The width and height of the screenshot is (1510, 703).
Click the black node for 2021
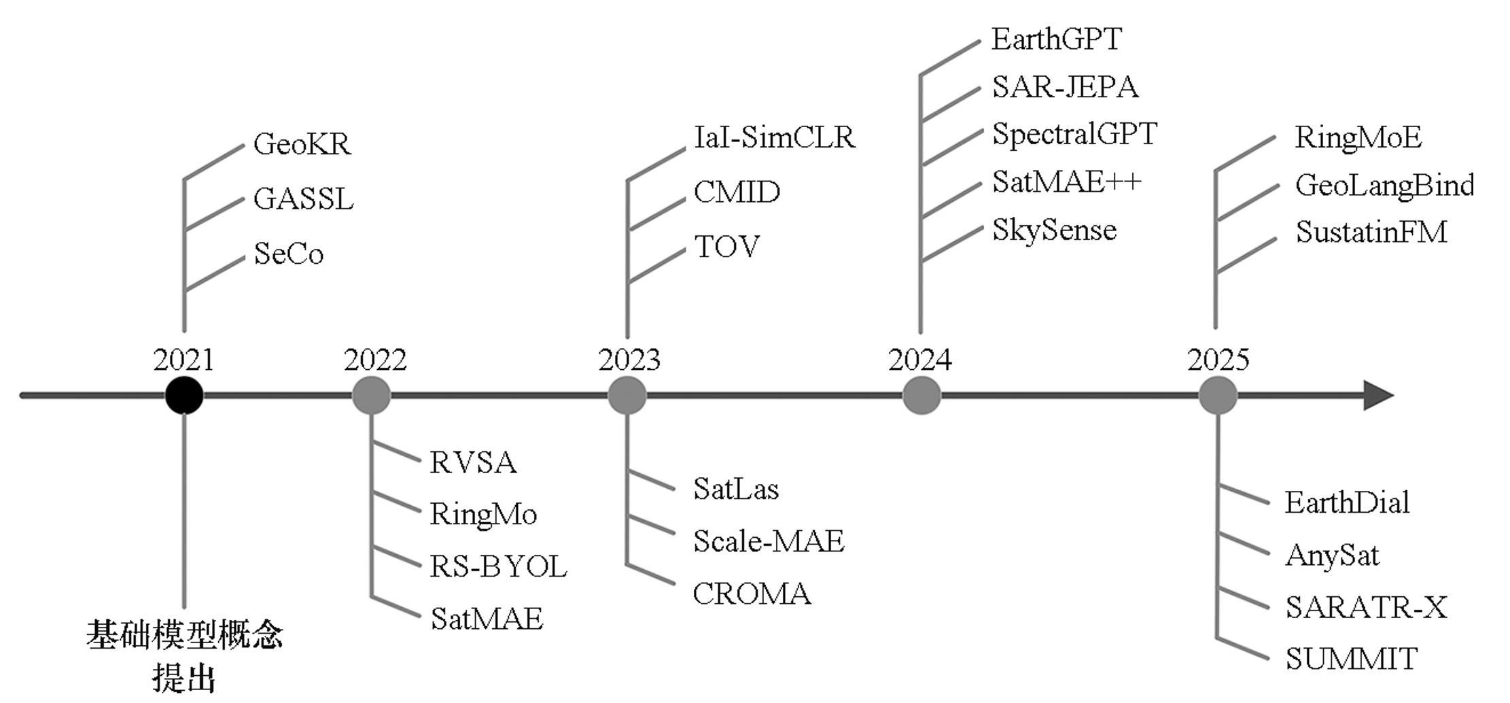tap(184, 395)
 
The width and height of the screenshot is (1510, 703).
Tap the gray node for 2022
tap(371, 395)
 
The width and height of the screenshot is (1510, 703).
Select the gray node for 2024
tap(921, 395)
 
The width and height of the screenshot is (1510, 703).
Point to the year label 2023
tap(629, 360)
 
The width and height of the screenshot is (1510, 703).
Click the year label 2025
tap(1218, 360)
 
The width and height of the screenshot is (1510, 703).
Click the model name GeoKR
tap(302, 144)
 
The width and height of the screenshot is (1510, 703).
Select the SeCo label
tap(288, 254)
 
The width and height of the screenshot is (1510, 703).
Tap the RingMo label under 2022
tap(483, 515)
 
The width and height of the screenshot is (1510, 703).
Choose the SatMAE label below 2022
tap(487, 619)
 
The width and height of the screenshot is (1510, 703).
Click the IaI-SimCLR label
tap(774, 137)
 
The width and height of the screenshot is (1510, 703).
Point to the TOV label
tap(726, 247)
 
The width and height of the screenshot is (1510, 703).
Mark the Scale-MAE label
tap(769, 542)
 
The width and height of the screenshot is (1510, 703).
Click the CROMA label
tap(752, 594)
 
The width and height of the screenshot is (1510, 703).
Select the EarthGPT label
tap(1056, 39)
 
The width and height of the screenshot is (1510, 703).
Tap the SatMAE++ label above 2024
tap(1066, 182)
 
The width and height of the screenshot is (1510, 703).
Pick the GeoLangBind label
tap(1384, 186)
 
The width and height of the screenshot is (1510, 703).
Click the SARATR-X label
tap(1366, 608)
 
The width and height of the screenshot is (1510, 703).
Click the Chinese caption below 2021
tap(184, 655)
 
